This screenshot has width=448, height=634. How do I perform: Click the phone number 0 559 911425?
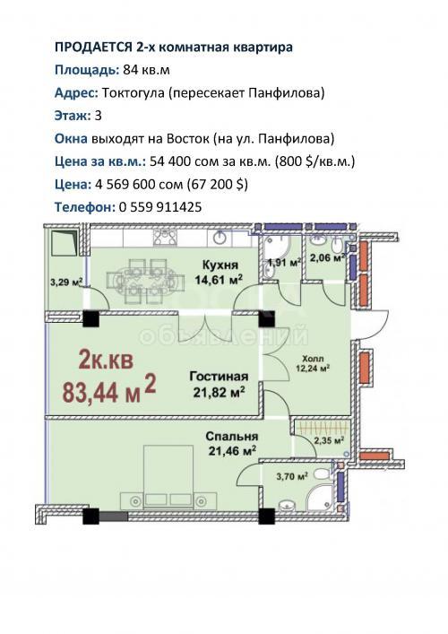160,207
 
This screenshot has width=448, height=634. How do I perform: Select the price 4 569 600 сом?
139,185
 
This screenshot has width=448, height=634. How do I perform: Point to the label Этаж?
73,116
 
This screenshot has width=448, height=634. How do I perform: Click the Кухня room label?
220,265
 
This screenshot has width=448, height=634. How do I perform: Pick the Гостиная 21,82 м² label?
219,385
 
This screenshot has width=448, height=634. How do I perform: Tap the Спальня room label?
232,437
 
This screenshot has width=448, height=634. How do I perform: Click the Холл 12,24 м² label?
313,363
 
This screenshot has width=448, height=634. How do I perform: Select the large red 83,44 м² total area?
109,389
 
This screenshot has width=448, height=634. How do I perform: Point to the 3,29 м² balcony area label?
66,282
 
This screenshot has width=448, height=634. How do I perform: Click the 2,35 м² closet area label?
329,440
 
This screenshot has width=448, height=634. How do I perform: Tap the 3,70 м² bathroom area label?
292,476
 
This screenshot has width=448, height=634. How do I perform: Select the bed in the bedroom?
168,476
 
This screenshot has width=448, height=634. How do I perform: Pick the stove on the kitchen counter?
165,237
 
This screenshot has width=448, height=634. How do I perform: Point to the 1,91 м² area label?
284,263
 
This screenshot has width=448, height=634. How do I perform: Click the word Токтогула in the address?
134,93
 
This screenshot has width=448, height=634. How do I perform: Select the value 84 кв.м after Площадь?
146,70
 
